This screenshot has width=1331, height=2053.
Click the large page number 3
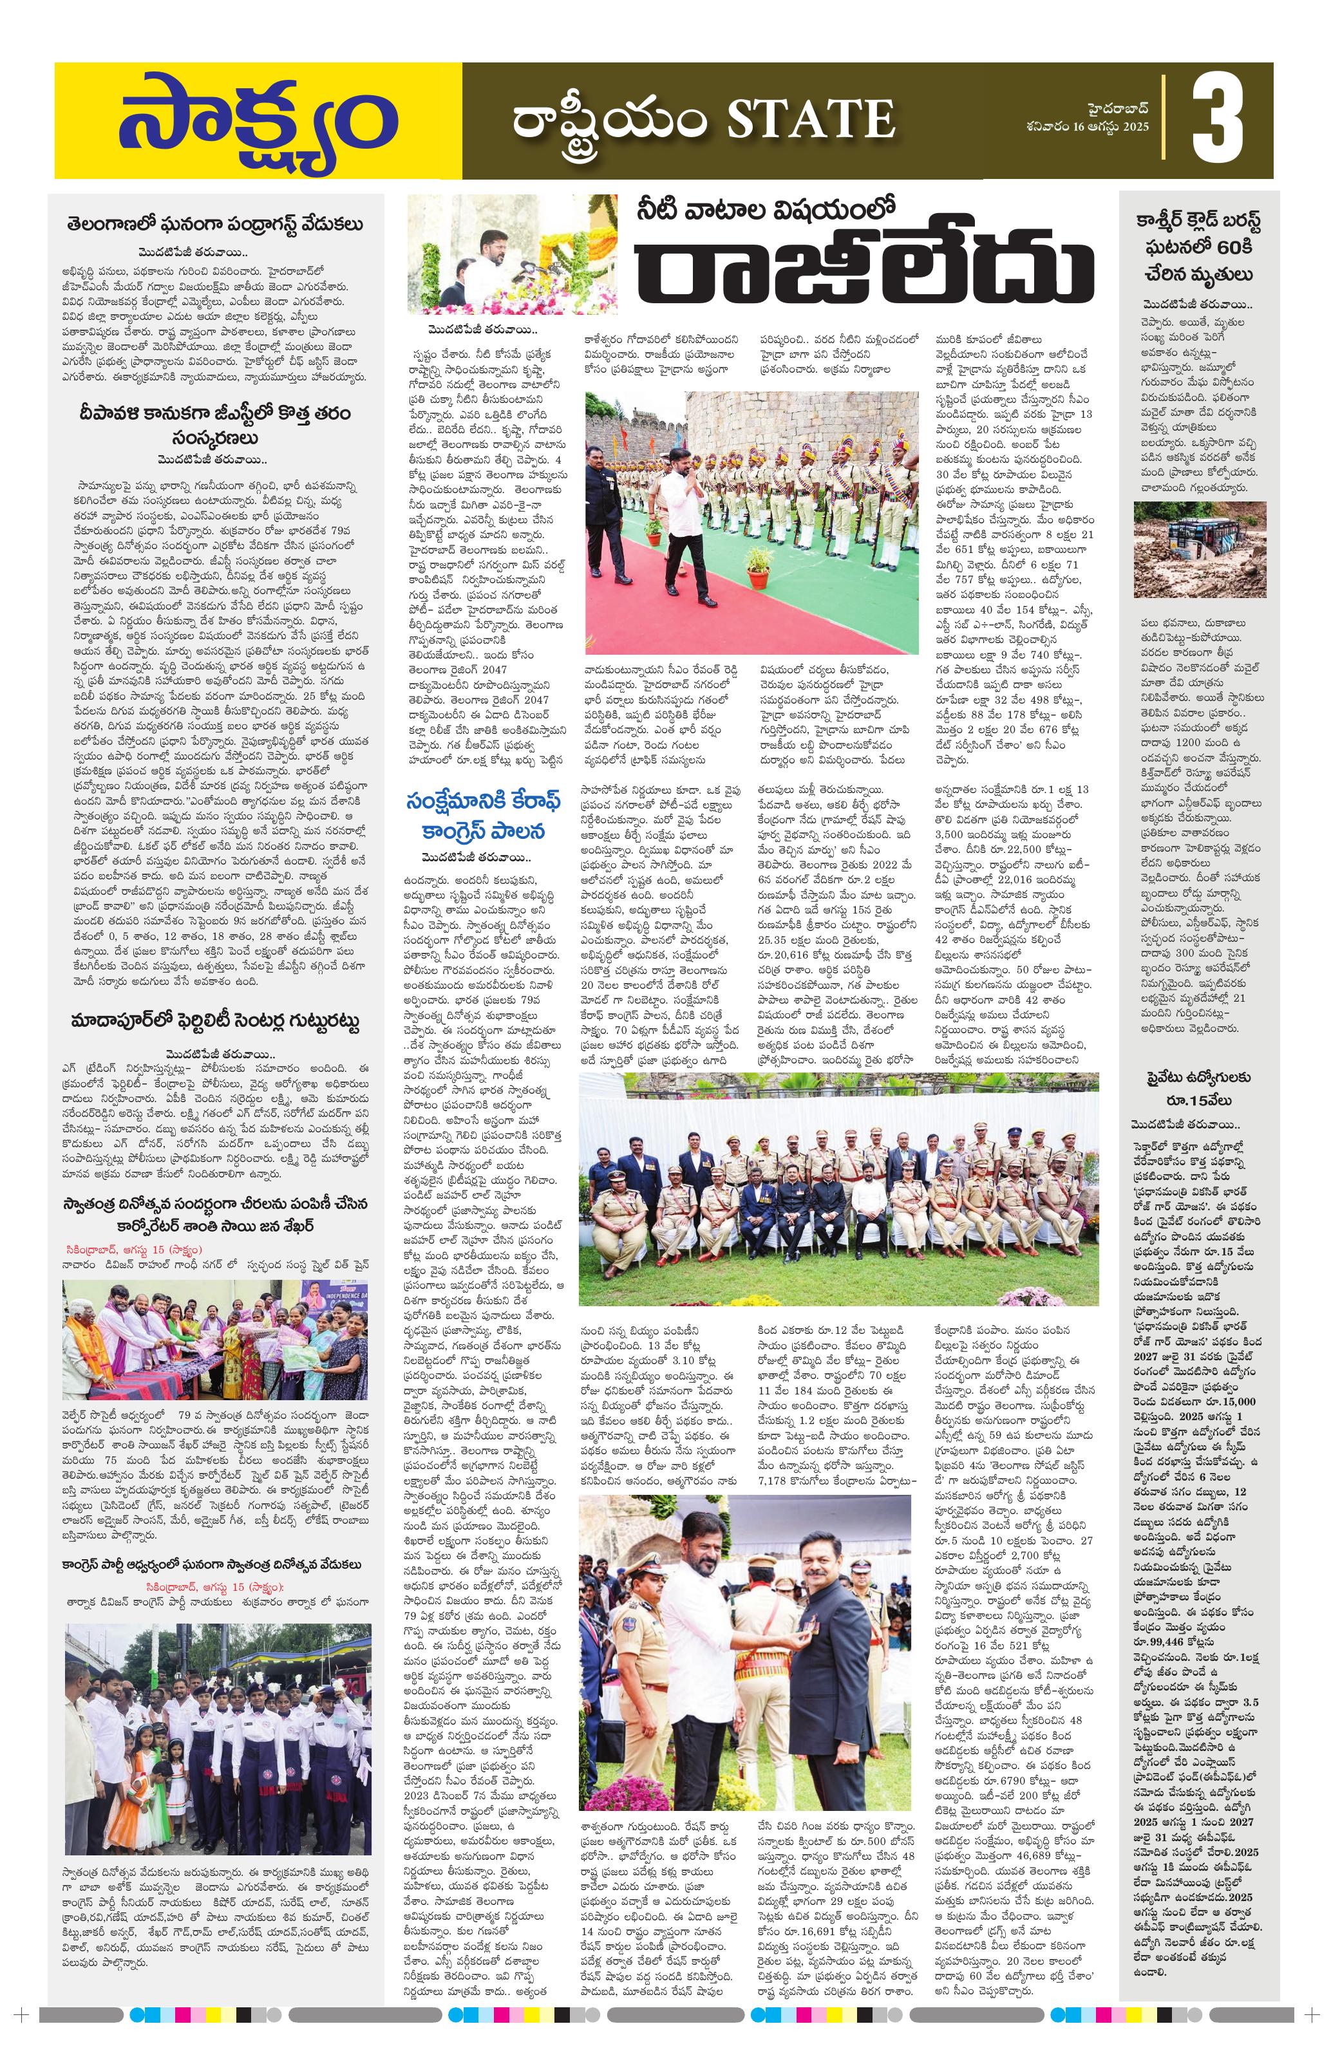(1216, 121)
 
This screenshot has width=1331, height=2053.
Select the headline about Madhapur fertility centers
(216, 1022)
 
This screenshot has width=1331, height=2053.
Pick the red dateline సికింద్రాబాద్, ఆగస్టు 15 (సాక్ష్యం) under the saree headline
(132, 1249)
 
